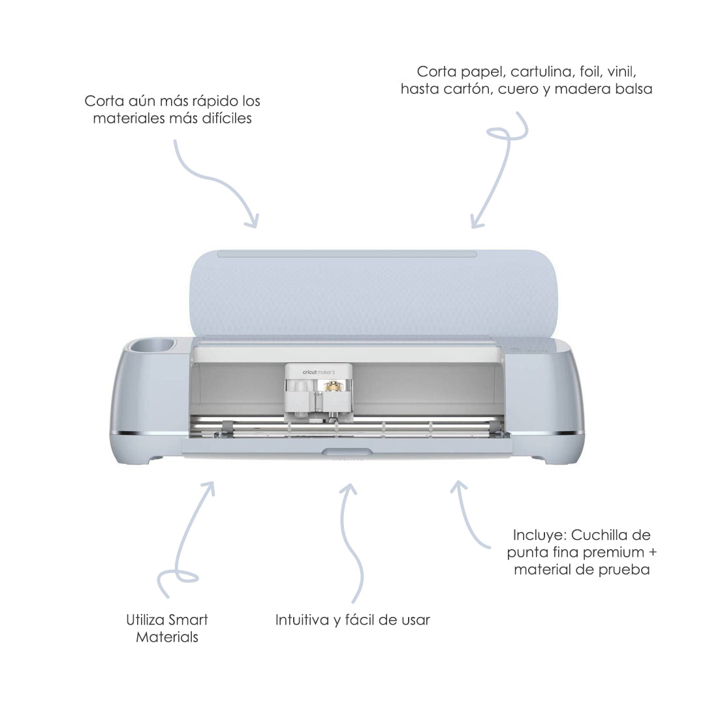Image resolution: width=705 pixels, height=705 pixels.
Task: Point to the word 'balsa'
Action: (631, 89)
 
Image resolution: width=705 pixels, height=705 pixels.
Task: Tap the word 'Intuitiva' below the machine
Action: (302, 619)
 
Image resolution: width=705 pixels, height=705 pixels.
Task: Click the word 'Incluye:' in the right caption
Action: (540, 535)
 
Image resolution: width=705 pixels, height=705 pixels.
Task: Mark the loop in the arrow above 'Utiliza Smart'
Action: (180, 577)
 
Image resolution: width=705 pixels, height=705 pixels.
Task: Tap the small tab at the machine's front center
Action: (347, 452)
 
